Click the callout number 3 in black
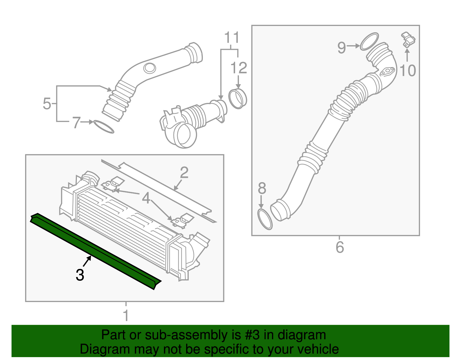point(80,275)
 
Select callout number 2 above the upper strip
point(184,173)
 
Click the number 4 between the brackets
point(146,198)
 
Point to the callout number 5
point(47,104)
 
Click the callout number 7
point(76,123)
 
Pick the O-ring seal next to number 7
point(104,127)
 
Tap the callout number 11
point(232,38)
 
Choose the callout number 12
point(239,68)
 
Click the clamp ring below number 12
point(238,99)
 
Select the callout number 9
point(341,48)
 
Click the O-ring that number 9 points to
point(369,42)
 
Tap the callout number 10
point(408,71)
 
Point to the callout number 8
point(262,189)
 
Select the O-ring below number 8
point(264,220)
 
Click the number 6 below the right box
point(340,247)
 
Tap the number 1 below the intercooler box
point(126,316)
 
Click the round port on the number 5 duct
point(150,68)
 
